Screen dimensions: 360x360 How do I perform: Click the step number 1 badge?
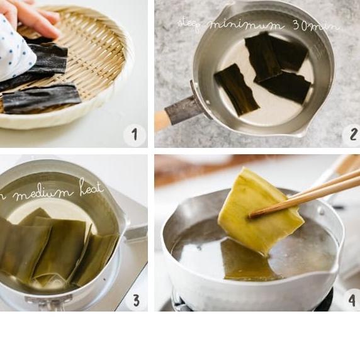click(134, 134)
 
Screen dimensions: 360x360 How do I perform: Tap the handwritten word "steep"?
click(189, 23)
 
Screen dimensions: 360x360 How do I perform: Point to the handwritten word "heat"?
click(91, 188)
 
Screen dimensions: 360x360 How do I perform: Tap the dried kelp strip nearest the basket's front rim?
click(42, 99)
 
